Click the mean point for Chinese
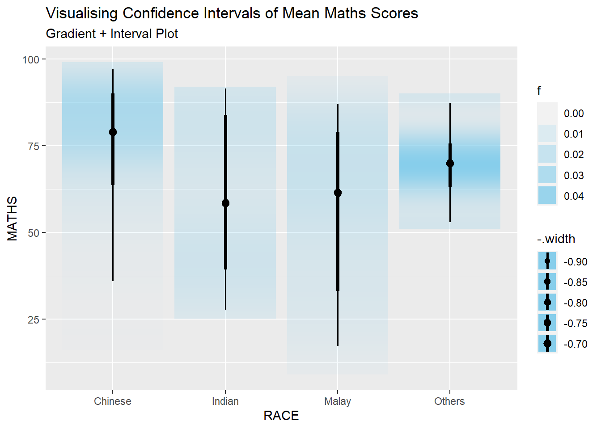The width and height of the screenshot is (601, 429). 113,132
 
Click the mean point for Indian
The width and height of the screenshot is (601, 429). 225,203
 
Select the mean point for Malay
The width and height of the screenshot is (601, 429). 338,193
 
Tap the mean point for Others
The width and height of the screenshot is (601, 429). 450,164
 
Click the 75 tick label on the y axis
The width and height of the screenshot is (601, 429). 34,146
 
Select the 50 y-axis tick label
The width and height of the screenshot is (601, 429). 34,233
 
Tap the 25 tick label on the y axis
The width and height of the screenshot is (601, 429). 34,320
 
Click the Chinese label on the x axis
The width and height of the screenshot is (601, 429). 113,401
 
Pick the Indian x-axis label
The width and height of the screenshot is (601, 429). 225,401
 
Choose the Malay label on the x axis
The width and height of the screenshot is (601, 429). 338,401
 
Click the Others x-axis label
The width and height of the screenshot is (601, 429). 449,401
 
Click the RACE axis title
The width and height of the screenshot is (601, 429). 281,416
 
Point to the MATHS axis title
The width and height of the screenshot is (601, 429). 13,219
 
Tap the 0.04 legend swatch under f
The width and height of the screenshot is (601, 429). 547,195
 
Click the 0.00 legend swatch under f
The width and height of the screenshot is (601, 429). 547,113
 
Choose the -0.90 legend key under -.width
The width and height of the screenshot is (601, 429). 547,261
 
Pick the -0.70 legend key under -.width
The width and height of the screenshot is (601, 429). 547,343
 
